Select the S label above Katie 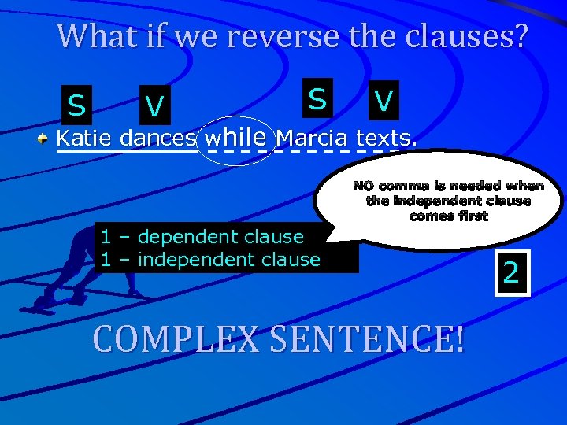point(76,104)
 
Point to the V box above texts point(384,100)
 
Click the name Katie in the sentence point(85,139)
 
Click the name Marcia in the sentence point(313,139)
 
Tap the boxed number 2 point(511,273)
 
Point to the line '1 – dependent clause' point(202,237)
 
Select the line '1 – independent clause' point(210,260)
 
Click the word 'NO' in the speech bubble point(363,187)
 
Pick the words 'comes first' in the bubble point(448,216)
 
